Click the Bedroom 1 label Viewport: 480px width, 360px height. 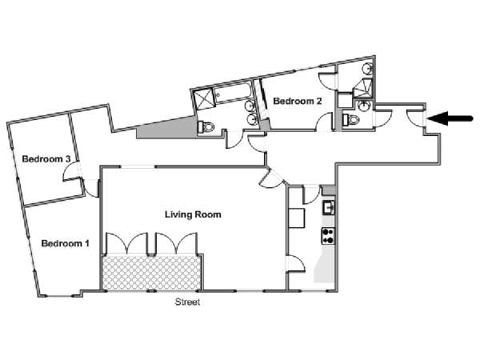tap(66, 243)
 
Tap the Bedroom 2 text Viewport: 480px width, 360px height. tap(298, 101)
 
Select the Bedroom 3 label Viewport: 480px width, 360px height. tap(46, 159)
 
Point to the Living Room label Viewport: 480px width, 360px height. tap(193, 214)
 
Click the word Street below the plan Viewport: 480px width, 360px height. tap(187, 302)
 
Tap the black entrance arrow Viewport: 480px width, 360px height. tap(450, 118)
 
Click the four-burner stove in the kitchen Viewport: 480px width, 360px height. tap(328, 236)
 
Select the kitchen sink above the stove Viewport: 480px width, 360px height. tap(329, 207)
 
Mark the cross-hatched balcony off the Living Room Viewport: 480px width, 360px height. tap(151, 273)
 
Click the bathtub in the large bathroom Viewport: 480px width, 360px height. tap(232, 93)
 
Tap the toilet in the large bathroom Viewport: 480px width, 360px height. tap(206, 126)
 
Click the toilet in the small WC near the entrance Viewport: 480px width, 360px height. tap(350, 119)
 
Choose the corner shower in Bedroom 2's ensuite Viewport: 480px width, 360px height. tap(363, 88)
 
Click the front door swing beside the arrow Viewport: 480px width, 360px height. tap(415, 118)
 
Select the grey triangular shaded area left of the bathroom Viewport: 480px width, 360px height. tap(167, 128)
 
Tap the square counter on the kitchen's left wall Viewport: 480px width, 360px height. tap(297, 218)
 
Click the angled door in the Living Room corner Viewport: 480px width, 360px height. tap(272, 178)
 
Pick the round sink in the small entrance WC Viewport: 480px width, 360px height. tap(364, 106)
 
